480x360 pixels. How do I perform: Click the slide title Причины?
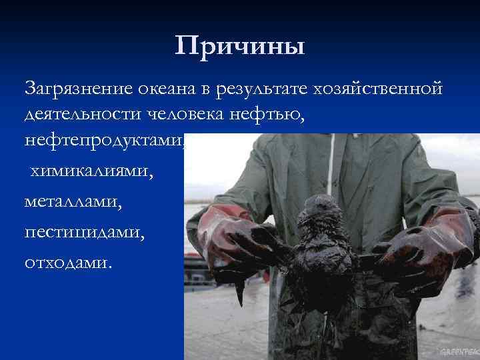[x=240, y=46]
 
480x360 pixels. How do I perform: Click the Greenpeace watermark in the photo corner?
[x=455, y=351]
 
